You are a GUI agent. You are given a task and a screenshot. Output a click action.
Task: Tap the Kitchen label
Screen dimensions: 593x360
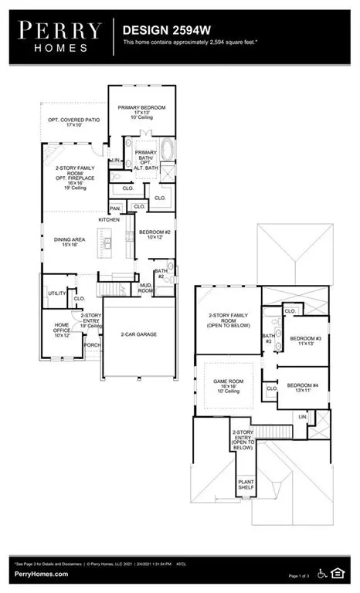click(x=109, y=221)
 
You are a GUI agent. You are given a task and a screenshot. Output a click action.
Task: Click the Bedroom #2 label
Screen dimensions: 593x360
click(x=154, y=234)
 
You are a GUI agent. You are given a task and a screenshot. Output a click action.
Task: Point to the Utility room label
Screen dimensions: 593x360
click(x=56, y=293)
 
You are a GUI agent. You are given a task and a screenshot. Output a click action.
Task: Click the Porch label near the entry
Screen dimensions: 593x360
click(x=92, y=345)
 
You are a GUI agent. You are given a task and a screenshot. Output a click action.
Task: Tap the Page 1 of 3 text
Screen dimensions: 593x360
click(x=304, y=575)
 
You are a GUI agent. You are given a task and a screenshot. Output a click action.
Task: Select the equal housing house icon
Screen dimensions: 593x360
click(x=337, y=572)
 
